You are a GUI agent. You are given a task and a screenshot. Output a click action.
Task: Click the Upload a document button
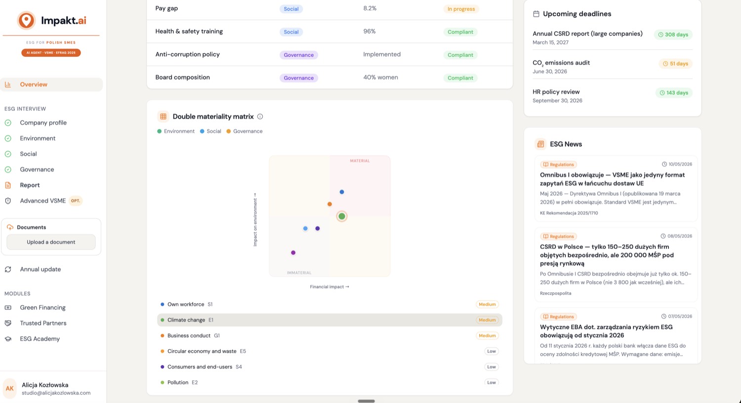[x=51, y=242]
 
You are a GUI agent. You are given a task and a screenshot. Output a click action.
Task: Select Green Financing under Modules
[x=42, y=307]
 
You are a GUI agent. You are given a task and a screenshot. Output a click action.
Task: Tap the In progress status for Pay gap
[x=461, y=9]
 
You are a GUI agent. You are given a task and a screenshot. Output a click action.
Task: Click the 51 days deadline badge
[x=675, y=64]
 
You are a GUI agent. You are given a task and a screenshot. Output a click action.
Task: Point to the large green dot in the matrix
[x=342, y=216]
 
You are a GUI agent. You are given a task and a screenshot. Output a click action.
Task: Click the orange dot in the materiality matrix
[x=329, y=204]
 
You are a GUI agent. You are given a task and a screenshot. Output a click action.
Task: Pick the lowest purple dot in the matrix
[x=293, y=253]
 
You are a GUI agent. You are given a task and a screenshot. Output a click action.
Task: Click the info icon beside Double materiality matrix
[x=260, y=117]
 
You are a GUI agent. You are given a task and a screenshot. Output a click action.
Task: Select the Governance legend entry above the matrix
[x=245, y=131]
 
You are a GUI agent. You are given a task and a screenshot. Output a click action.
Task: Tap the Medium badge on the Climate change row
[x=487, y=320]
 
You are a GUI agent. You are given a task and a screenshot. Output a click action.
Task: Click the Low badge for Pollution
[x=491, y=382]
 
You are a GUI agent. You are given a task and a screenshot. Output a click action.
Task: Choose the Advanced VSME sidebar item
[x=43, y=201]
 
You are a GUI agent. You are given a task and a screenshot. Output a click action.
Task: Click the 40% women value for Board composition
[x=380, y=77]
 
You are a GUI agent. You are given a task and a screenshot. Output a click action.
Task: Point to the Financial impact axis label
[x=329, y=287]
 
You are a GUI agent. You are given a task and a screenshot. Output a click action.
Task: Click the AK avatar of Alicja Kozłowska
[x=9, y=388]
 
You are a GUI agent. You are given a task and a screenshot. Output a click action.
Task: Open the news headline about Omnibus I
[x=613, y=179]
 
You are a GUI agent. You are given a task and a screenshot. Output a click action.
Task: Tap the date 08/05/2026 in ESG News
[x=679, y=236]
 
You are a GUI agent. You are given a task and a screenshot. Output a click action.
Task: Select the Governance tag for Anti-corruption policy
[x=299, y=55]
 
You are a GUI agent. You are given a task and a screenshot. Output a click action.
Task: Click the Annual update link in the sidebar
[x=41, y=269]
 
